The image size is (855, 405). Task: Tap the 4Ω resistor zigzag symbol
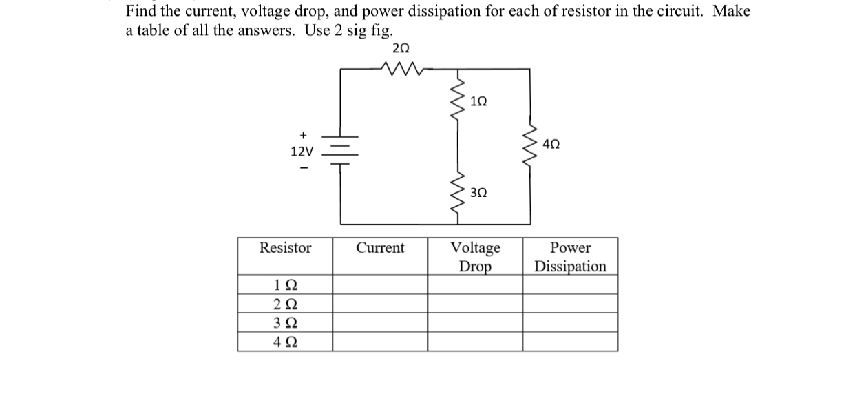(x=529, y=147)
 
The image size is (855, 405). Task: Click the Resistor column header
(x=285, y=248)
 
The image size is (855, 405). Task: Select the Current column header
(x=380, y=248)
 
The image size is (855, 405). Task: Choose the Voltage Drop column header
(x=475, y=256)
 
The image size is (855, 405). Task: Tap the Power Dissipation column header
(x=570, y=256)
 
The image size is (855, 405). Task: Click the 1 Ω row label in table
(x=285, y=285)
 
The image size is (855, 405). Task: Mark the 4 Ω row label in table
(x=285, y=342)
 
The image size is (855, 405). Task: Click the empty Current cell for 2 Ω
(x=380, y=304)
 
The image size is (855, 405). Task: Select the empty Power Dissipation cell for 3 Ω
(x=570, y=323)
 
